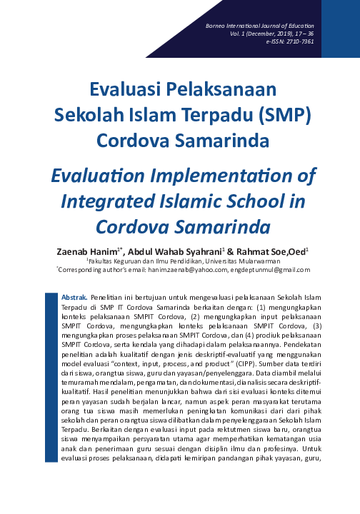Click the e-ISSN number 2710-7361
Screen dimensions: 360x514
coord(300,41)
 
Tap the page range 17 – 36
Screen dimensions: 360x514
coord(303,34)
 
